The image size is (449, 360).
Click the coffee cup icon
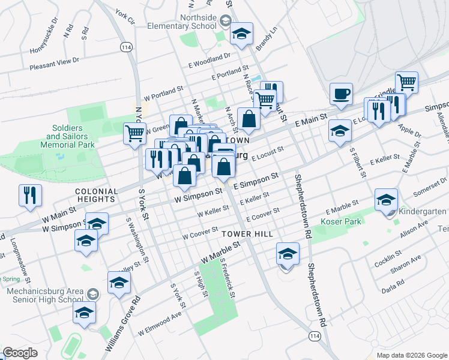341,94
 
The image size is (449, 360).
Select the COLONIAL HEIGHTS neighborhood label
96,194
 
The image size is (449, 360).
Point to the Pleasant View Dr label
55,61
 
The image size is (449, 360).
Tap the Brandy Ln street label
267,38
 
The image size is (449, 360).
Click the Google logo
20,353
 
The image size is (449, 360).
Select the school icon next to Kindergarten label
386,200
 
